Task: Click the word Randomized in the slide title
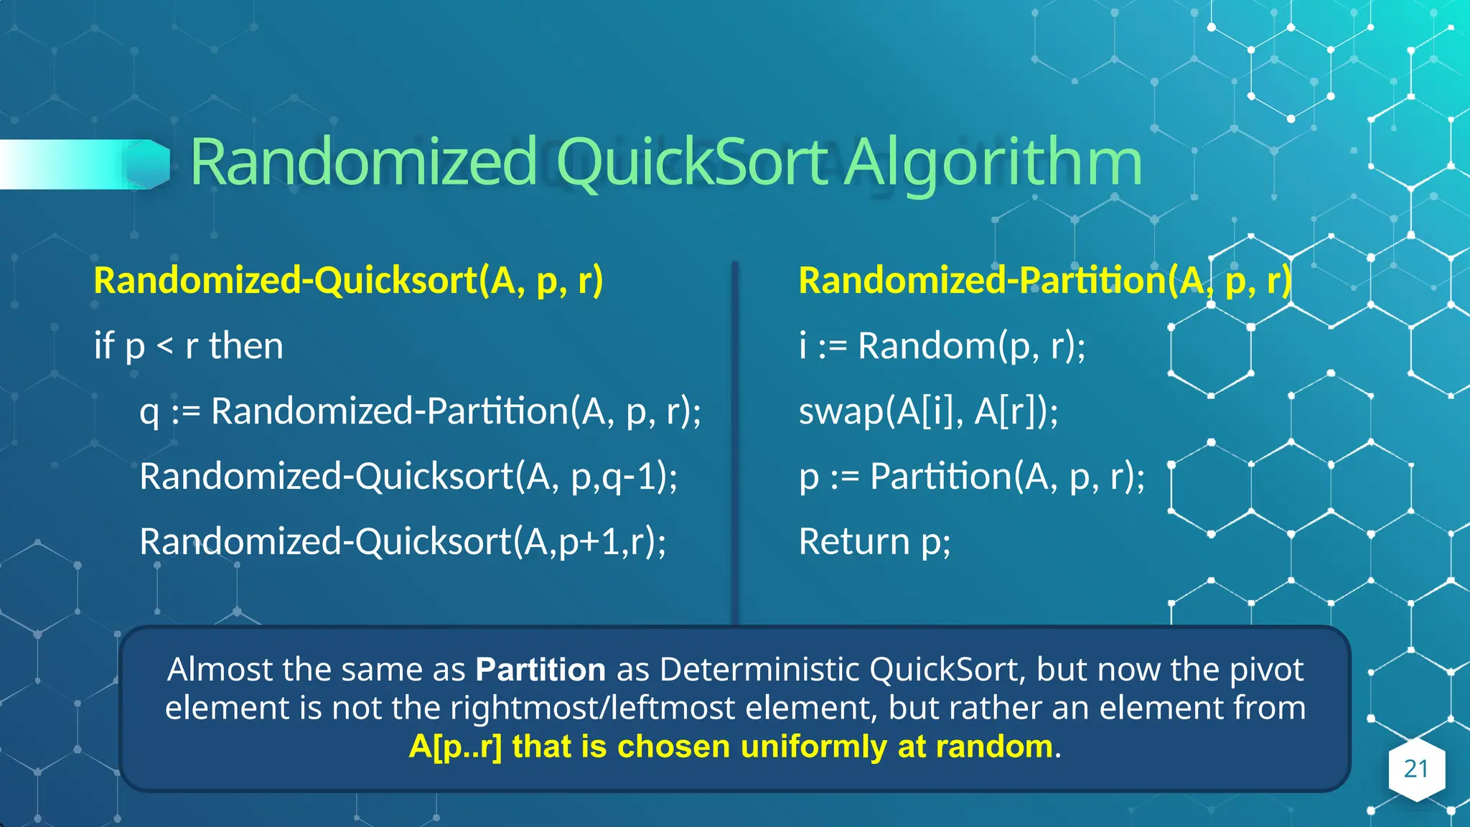point(363,162)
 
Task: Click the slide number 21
point(1416,769)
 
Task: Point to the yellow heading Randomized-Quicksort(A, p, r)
point(348,280)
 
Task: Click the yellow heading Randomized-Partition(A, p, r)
point(1044,280)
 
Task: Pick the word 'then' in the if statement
point(246,346)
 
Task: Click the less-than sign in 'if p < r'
point(165,347)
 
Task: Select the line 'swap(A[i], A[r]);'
point(928,411)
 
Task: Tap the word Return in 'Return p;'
point(854,541)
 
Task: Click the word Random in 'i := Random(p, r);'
point(926,346)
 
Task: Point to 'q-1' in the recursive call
point(629,477)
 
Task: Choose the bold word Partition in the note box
point(540,670)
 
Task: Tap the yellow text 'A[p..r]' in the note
point(455,747)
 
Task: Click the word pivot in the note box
point(1266,670)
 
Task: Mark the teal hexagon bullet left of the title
point(149,164)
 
